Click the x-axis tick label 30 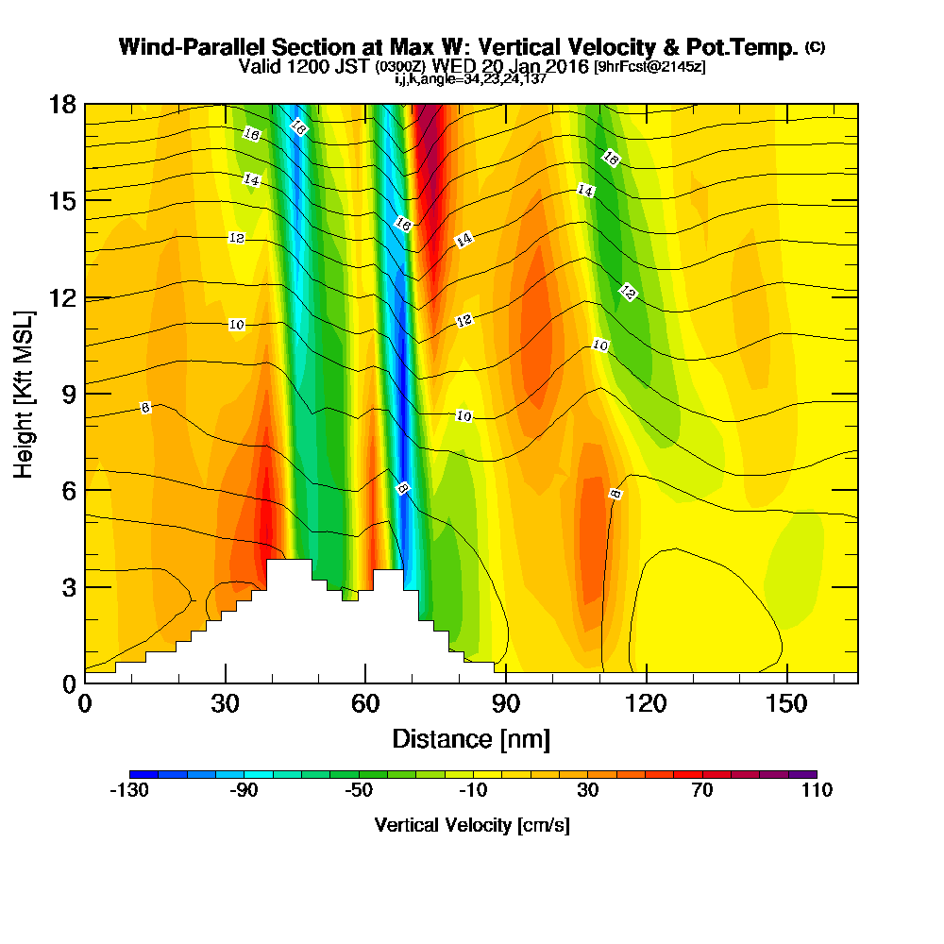225,704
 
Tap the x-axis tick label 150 787,704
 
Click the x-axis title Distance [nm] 471,738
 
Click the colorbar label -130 129,791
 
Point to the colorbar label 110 817,791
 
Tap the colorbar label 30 587,791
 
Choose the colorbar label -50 358,791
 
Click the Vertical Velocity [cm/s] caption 472,825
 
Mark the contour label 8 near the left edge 145,408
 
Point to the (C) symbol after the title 815,46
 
